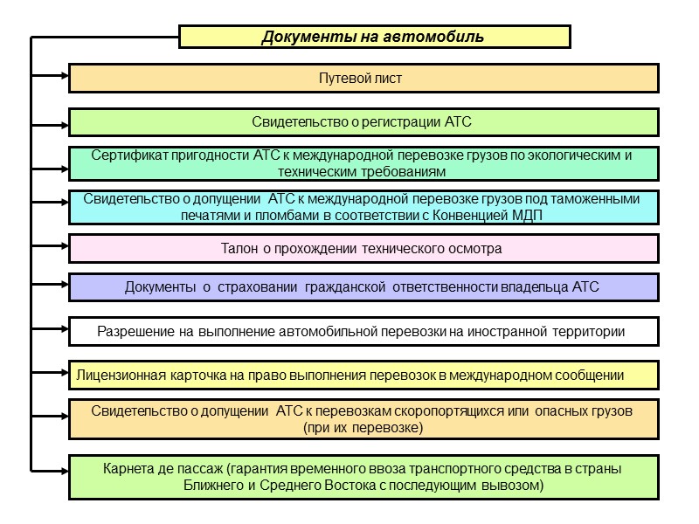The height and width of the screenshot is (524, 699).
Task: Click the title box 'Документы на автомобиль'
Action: coord(374,37)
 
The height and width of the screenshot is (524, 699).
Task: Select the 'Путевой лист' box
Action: coord(363,79)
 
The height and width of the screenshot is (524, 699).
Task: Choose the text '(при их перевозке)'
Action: coord(363,427)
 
